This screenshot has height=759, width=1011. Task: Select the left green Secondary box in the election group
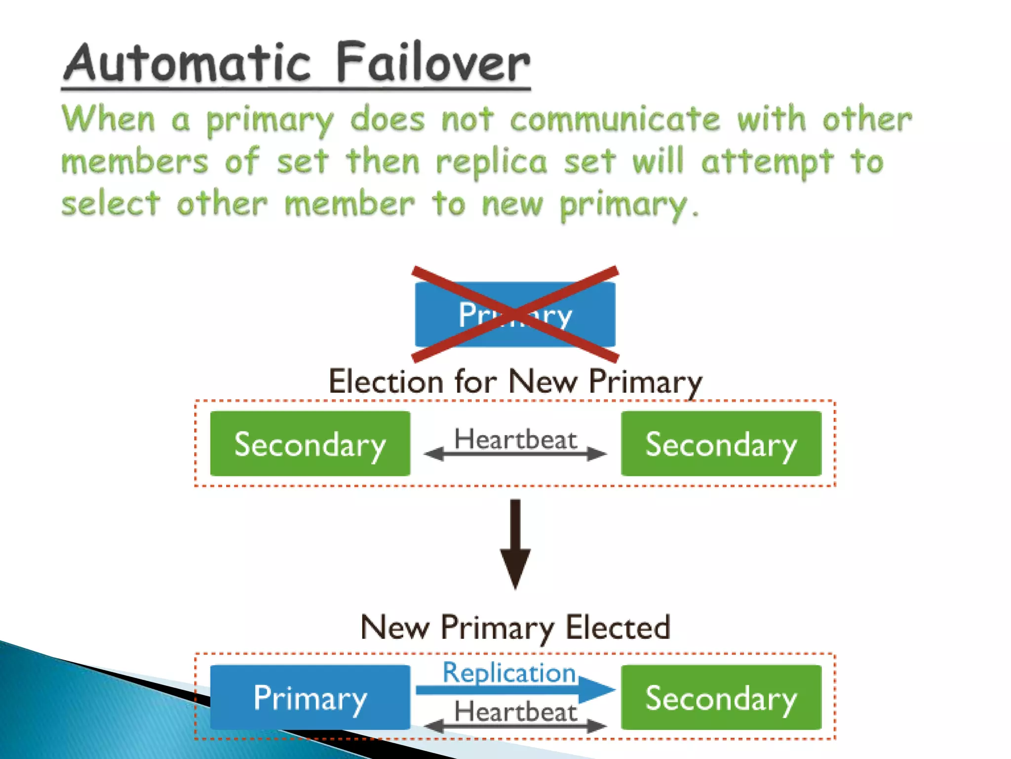point(310,444)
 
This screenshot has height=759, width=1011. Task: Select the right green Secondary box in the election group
point(721,444)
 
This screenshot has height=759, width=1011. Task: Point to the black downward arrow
point(515,544)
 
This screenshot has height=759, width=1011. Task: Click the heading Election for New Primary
point(515,382)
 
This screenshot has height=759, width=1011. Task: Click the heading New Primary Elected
point(515,628)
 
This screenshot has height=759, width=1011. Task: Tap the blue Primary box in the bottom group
point(310,697)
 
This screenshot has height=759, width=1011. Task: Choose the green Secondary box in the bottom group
point(721,697)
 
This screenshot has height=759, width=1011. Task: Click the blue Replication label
point(509,673)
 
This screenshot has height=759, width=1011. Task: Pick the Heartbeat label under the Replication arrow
point(515,712)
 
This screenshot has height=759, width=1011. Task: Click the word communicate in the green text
point(615,120)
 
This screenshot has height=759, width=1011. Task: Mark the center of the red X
point(515,314)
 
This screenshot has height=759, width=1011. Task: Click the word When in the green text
point(109,120)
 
